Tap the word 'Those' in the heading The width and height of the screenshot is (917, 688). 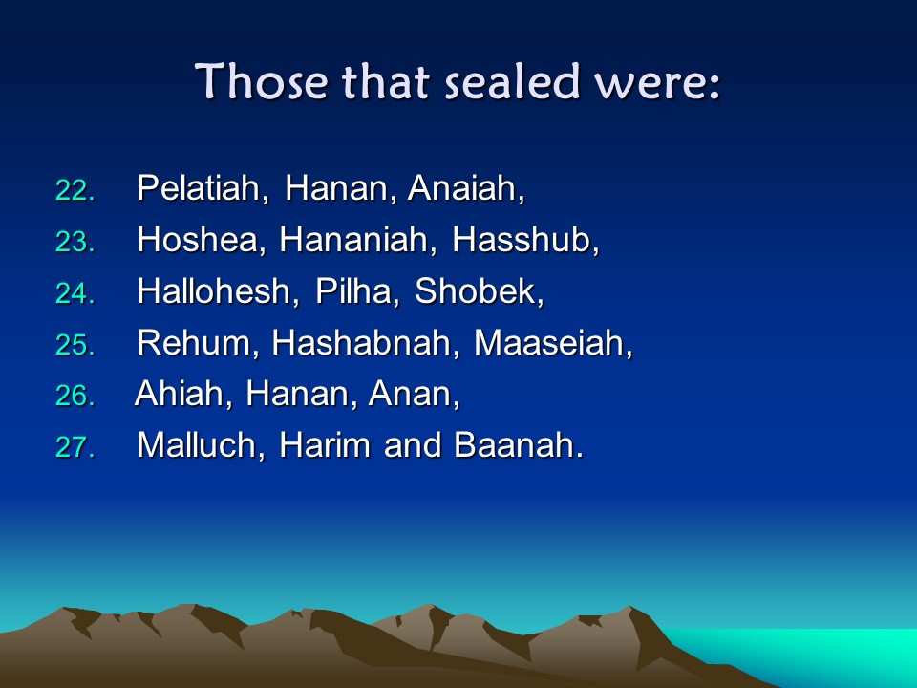click(261, 81)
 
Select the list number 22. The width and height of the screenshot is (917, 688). click(75, 190)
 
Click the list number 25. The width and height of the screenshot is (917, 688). click(75, 345)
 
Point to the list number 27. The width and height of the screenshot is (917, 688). click(75, 447)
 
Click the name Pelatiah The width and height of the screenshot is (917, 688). click(199, 188)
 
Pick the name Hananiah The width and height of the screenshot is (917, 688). click(353, 239)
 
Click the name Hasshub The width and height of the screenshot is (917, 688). click(522, 239)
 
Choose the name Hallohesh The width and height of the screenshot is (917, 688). click(213, 290)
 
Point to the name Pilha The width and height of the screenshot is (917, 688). click(353, 290)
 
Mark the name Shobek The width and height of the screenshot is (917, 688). click(475, 290)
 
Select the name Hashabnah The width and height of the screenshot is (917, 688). click(361, 342)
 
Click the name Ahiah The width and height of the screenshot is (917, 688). click(179, 393)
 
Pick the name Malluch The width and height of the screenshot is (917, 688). click(197, 444)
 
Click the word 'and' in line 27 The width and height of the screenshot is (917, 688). click(413, 444)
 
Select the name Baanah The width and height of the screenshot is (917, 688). click(514, 444)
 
